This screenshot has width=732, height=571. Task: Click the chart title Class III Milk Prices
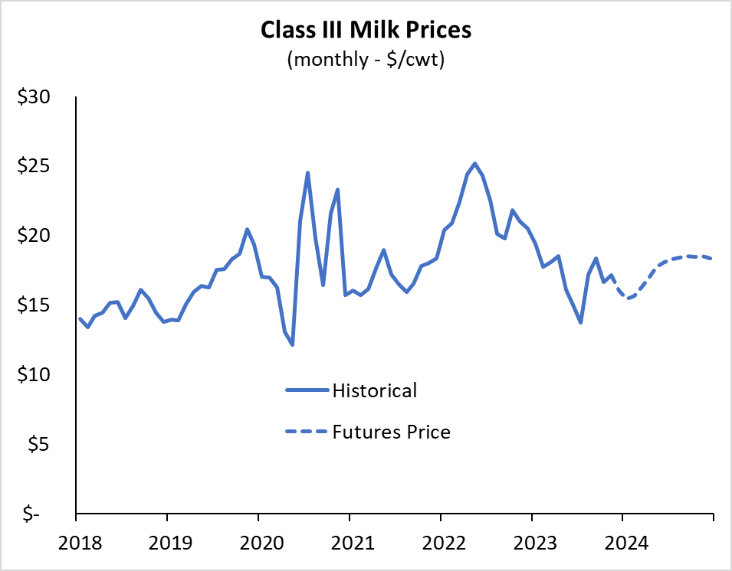click(x=366, y=30)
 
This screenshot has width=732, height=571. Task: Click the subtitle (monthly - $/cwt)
click(x=366, y=60)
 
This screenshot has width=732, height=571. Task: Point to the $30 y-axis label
click(x=34, y=97)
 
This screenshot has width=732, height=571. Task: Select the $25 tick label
click(x=34, y=166)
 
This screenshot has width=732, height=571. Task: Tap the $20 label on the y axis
click(x=34, y=236)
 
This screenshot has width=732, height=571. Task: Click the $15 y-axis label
click(x=34, y=305)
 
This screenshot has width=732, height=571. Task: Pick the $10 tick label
click(x=34, y=374)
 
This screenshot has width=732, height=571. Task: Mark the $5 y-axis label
click(x=38, y=444)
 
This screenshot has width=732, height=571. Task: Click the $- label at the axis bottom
click(x=31, y=514)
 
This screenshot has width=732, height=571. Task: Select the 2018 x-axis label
click(x=80, y=543)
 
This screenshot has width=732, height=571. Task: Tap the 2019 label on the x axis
click(x=170, y=543)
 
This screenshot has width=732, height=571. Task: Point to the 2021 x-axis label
click(x=353, y=543)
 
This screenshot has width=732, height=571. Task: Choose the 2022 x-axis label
click(x=444, y=543)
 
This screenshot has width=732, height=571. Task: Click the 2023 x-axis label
click(x=536, y=543)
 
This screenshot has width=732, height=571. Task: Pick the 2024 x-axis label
click(x=626, y=543)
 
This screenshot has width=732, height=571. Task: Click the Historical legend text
click(x=375, y=390)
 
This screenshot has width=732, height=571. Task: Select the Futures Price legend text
click(x=392, y=432)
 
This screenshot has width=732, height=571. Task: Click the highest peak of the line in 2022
click(x=474, y=163)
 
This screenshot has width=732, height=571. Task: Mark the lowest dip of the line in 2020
click(x=292, y=345)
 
